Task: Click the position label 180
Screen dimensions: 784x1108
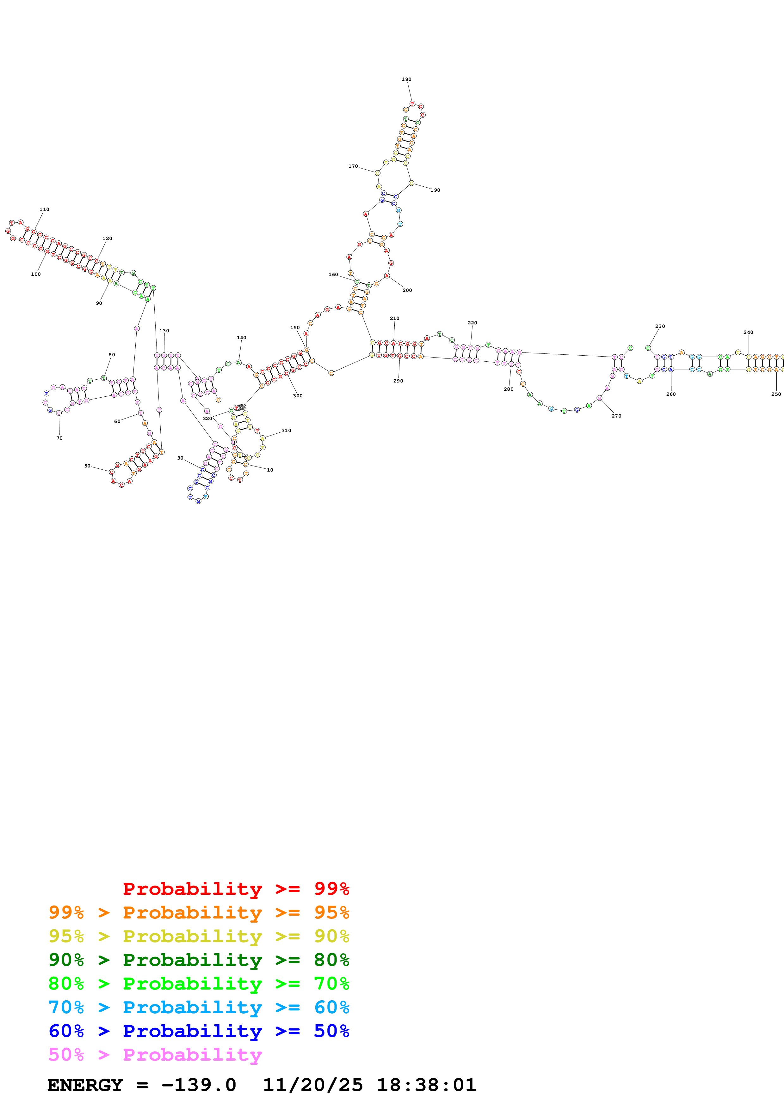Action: click(x=406, y=79)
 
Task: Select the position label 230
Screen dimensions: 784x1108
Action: click(x=660, y=326)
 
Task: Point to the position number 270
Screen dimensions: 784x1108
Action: click(x=616, y=416)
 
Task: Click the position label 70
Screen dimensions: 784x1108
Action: click(x=59, y=438)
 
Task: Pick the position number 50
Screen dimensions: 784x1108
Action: click(x=87, y=466)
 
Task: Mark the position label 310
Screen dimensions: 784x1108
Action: click(x=287, y=431)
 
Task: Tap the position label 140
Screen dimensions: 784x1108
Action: click(x=242, y=338)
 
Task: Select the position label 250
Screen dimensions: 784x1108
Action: click(x=776, y=394)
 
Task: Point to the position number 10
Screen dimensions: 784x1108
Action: click(x=270, y=470)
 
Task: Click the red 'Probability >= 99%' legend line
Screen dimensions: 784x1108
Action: click(x=236, y=888)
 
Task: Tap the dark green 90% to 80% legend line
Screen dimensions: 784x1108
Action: click(x=199, y=960)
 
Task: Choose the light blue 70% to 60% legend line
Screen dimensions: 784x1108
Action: click(x=199, y=1007)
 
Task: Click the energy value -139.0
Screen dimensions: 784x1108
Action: click(x=199, y=1085)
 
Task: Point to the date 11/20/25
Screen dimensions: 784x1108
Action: click(x=312, y=1085)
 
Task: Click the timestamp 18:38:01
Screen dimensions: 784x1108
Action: click(x=426, y=1085)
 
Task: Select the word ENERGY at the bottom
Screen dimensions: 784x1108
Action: click(x=85, y=1085)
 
